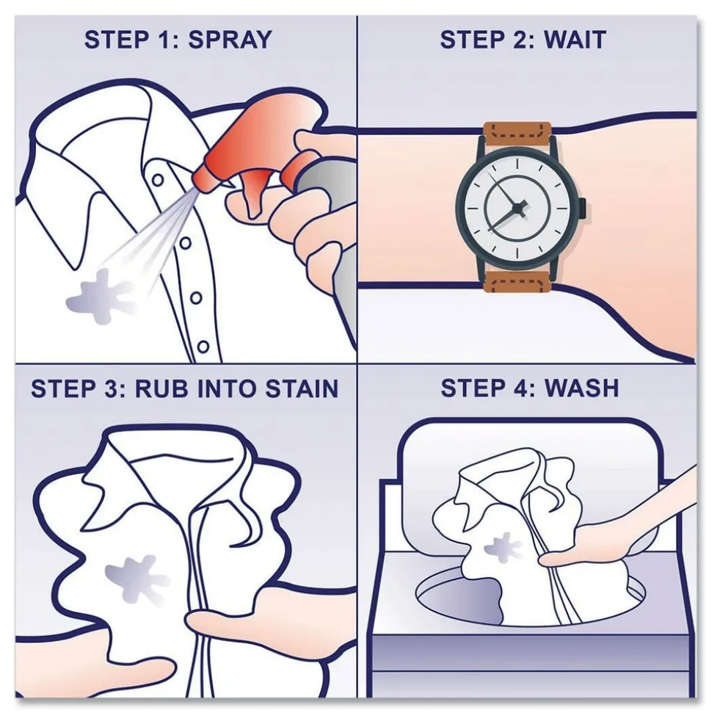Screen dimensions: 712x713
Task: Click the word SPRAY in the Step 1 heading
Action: coord(230,40)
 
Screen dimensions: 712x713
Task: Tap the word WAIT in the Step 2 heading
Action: coord(575,40)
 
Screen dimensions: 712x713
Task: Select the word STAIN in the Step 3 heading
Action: coord(302,388)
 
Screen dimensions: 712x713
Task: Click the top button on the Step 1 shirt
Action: coord(158,180)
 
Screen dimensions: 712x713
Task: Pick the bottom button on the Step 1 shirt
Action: coord(203,347)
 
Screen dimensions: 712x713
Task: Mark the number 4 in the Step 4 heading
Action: coord(520,388)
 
